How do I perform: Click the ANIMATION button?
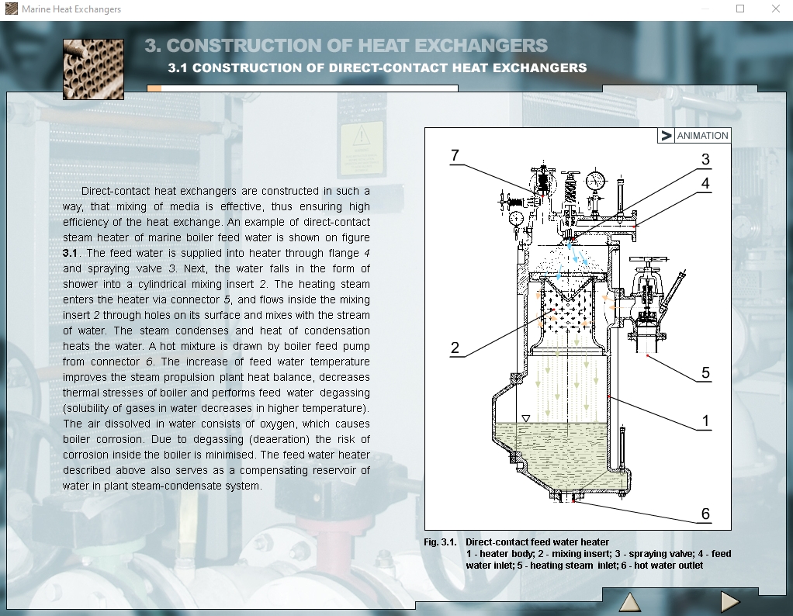click(x=694, y=136)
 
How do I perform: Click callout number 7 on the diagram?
click(x=455, y=155)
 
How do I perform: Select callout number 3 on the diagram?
click(x=705, y=159)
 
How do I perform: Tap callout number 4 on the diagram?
click(x=705, y=183)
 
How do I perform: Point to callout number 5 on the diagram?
click(x=706, y=372)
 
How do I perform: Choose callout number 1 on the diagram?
click(x=705, y=420)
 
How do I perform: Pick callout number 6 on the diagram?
click(x=705, y=514)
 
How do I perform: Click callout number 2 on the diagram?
click(x=455, y=348)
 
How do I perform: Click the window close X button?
click(x=776, y=9)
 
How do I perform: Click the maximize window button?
click(x=740, y=9)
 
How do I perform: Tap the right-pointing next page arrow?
click(x=729, y=602)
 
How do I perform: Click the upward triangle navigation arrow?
click(x=630, y=602)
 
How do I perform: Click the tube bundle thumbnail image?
click(x=93, y=69)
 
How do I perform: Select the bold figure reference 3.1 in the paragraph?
click(x=70, y=253)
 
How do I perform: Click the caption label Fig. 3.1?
click(x=440, y=542)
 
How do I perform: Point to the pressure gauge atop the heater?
click(x=596, y=180)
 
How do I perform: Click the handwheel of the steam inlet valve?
click(x=649, y=259)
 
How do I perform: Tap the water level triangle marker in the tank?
click(x=526, y=419)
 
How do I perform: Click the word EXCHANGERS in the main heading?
click(x=481, y=46)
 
